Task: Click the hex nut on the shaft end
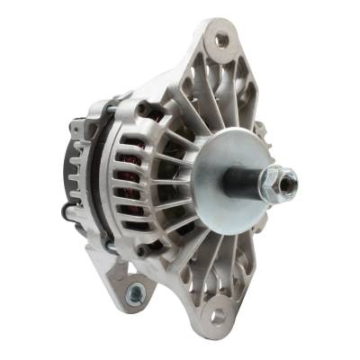(274, 184)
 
